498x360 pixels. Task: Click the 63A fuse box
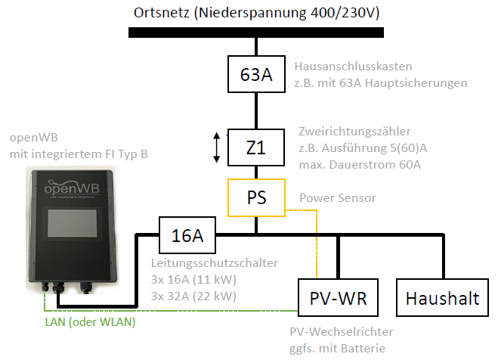click(x=256, y=76)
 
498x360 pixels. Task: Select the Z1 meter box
click(x=256, y=148)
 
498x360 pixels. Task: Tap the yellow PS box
click(x=256, y=197)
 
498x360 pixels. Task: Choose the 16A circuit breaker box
click(x=187, y=236)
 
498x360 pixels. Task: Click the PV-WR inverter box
click(x=339, y=298)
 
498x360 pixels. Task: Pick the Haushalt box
click(x=442, y=298)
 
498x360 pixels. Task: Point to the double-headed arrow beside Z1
click(x=217, y=147)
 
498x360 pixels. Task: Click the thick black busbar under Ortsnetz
click(x=257, y=33)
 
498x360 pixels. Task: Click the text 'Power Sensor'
click(x=337, y=198)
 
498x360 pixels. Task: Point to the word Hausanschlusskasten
click(x=354, y=66)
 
